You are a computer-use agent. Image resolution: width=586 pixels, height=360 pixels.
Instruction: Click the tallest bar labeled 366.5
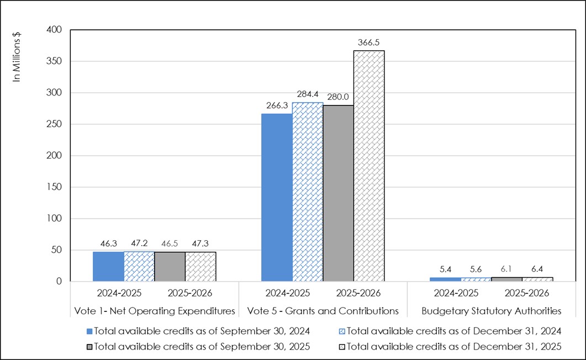pyautogui.click(x=369, y=166)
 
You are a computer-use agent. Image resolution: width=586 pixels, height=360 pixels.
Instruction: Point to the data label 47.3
pyautogui.click(x=200, y=242)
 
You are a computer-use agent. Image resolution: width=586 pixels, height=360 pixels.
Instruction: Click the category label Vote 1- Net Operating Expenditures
pyautogui.click(x=155, y=311)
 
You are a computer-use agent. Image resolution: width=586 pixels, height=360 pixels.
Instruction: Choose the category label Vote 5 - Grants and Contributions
pyautogui.click(x=323, y=311)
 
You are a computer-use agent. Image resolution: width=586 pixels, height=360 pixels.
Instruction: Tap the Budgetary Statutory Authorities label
pyautogui.click(x=492, y=311)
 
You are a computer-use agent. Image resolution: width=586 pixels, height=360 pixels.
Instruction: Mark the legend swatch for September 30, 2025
pyautogui.click(x=89, y=347)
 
